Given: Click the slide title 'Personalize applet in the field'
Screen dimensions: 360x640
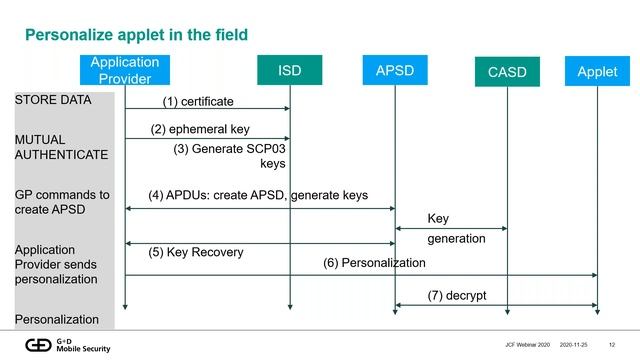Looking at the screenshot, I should pos(136,35).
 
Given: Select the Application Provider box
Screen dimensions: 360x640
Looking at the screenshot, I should pos(125,70).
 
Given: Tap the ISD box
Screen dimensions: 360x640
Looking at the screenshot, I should pos(289,71).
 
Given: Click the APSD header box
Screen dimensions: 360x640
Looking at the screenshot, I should pos(395,71).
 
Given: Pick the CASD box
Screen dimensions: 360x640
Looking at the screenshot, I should pos(507,72).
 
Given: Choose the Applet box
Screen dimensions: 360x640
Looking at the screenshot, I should pos(597,71).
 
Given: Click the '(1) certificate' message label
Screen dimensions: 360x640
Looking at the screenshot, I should pos(198,101).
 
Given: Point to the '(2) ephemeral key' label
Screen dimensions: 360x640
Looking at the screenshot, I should pos(200,129).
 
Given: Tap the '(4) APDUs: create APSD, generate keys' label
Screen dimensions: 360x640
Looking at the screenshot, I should pos(258,195).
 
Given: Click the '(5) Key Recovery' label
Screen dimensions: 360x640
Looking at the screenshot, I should pos(196,252).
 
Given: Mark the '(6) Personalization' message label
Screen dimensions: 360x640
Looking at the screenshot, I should pos(374,263).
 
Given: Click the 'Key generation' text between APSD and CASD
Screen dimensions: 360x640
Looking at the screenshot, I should pos(456,229).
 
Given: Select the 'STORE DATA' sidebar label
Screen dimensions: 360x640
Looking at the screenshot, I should pos(53,100).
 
